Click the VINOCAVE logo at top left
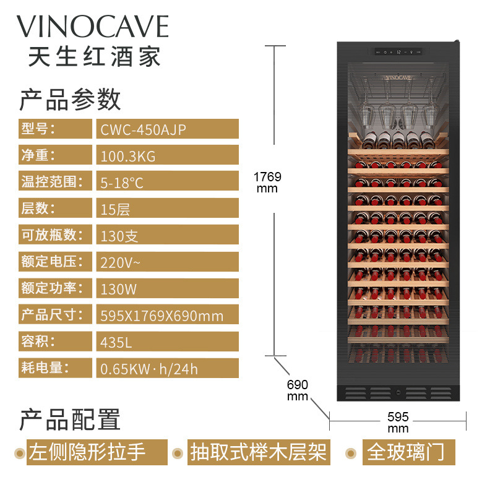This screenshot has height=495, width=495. click(92, 27)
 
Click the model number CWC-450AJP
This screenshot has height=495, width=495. click(142, 129)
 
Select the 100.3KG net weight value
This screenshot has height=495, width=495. click(128, 157)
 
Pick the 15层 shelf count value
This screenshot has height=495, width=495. click(115, 209)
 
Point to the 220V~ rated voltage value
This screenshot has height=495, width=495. click(121, 262)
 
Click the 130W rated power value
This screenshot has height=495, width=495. click(118, 289)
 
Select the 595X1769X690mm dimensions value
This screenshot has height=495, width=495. click(161, 316)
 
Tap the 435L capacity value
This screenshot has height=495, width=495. click(116, 342)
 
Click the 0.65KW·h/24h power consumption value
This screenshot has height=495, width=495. click(149, 369)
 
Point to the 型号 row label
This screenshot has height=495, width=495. click(38, 129)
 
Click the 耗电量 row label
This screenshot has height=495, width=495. click(43, 368)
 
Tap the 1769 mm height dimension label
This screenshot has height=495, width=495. click(267, 182)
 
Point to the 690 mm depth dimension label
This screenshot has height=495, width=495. click(297, 389)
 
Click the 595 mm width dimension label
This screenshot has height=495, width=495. click(398, 422)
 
